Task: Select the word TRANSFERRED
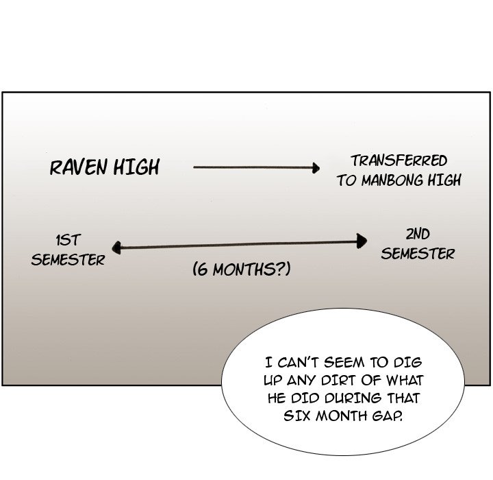(x=399, y=161)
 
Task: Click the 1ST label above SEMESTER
(x=68, y=240)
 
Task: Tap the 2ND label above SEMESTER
(x=418, y=234)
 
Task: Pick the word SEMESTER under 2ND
(x=418, y=254)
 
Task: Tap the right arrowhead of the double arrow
(x=362, y=240)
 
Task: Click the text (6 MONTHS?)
(x=241, y=270)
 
